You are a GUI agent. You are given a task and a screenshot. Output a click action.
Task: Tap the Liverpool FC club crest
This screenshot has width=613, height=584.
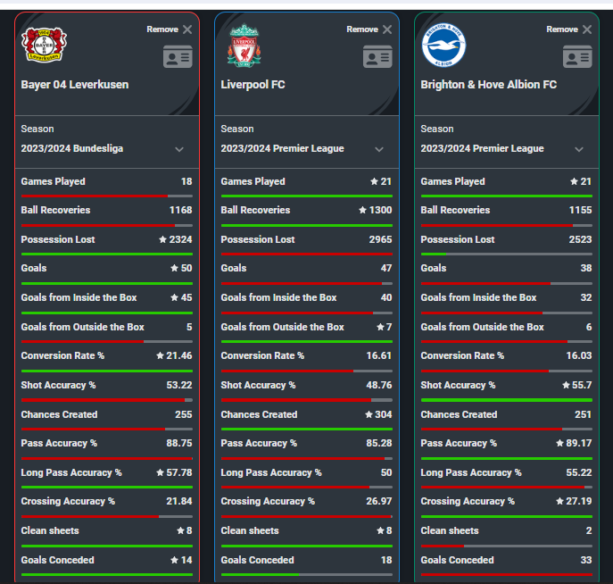tap(244, 46)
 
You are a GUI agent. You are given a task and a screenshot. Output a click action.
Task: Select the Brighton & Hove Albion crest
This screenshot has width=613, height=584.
tap(443, 46)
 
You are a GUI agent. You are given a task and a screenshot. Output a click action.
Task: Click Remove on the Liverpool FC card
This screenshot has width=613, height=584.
tap(369, 29)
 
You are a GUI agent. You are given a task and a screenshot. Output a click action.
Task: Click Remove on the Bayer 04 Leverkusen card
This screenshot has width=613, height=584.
tap(169, 29)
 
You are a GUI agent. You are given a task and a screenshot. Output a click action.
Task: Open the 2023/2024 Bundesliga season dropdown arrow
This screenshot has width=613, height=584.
tap(179, 149)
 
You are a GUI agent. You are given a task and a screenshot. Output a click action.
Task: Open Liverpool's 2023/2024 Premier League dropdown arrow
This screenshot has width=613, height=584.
tap(379, 149)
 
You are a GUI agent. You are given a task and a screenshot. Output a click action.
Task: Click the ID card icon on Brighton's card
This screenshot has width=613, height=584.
tap(577, 57)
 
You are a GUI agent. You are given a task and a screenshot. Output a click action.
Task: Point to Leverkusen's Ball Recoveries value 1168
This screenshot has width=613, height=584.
tap(180, 211)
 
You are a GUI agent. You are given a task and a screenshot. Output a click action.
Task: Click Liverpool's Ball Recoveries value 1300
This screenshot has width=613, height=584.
tap(379, 211)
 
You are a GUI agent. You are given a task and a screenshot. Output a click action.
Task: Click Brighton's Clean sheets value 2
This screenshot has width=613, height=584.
tap(588, 530)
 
